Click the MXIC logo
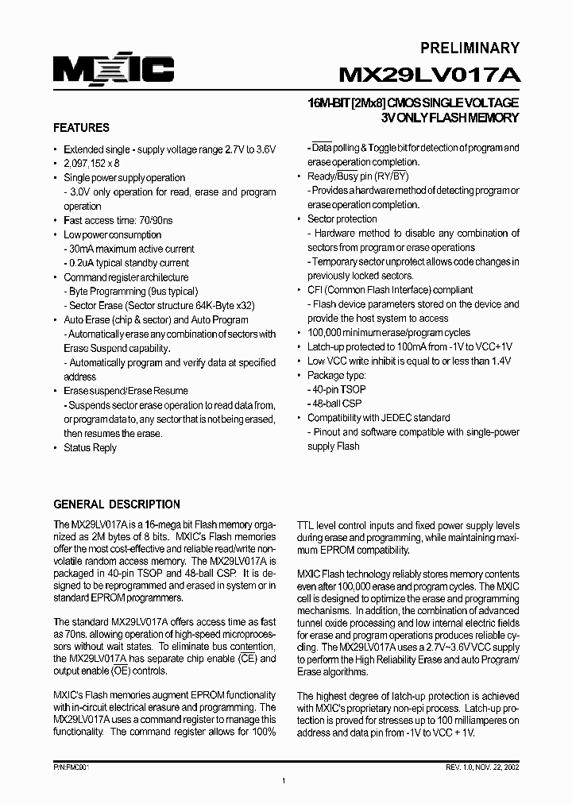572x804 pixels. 114,70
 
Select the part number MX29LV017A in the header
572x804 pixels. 429,75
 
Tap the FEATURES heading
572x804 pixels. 81,127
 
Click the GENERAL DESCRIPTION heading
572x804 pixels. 117,504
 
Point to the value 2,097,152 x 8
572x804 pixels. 91,163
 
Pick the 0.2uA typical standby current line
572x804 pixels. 128,263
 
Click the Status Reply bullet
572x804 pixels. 90,447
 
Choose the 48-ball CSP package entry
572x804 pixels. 334,404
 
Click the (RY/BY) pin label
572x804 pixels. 389,176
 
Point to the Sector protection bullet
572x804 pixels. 342,218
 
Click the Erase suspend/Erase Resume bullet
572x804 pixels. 126,390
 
